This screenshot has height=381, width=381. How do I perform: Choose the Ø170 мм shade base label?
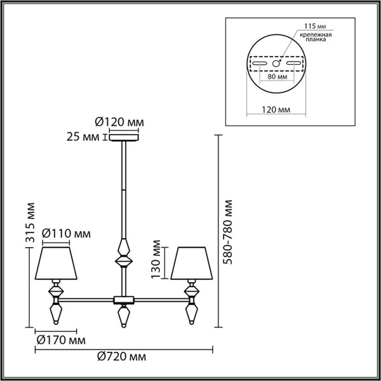(57, 340)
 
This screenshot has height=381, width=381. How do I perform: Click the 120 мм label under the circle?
(276, 110)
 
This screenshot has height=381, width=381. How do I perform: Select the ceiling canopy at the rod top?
(124, 137)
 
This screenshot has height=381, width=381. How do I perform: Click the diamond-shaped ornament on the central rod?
(123, 253)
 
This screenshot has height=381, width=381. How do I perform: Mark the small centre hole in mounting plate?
(276, 63)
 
